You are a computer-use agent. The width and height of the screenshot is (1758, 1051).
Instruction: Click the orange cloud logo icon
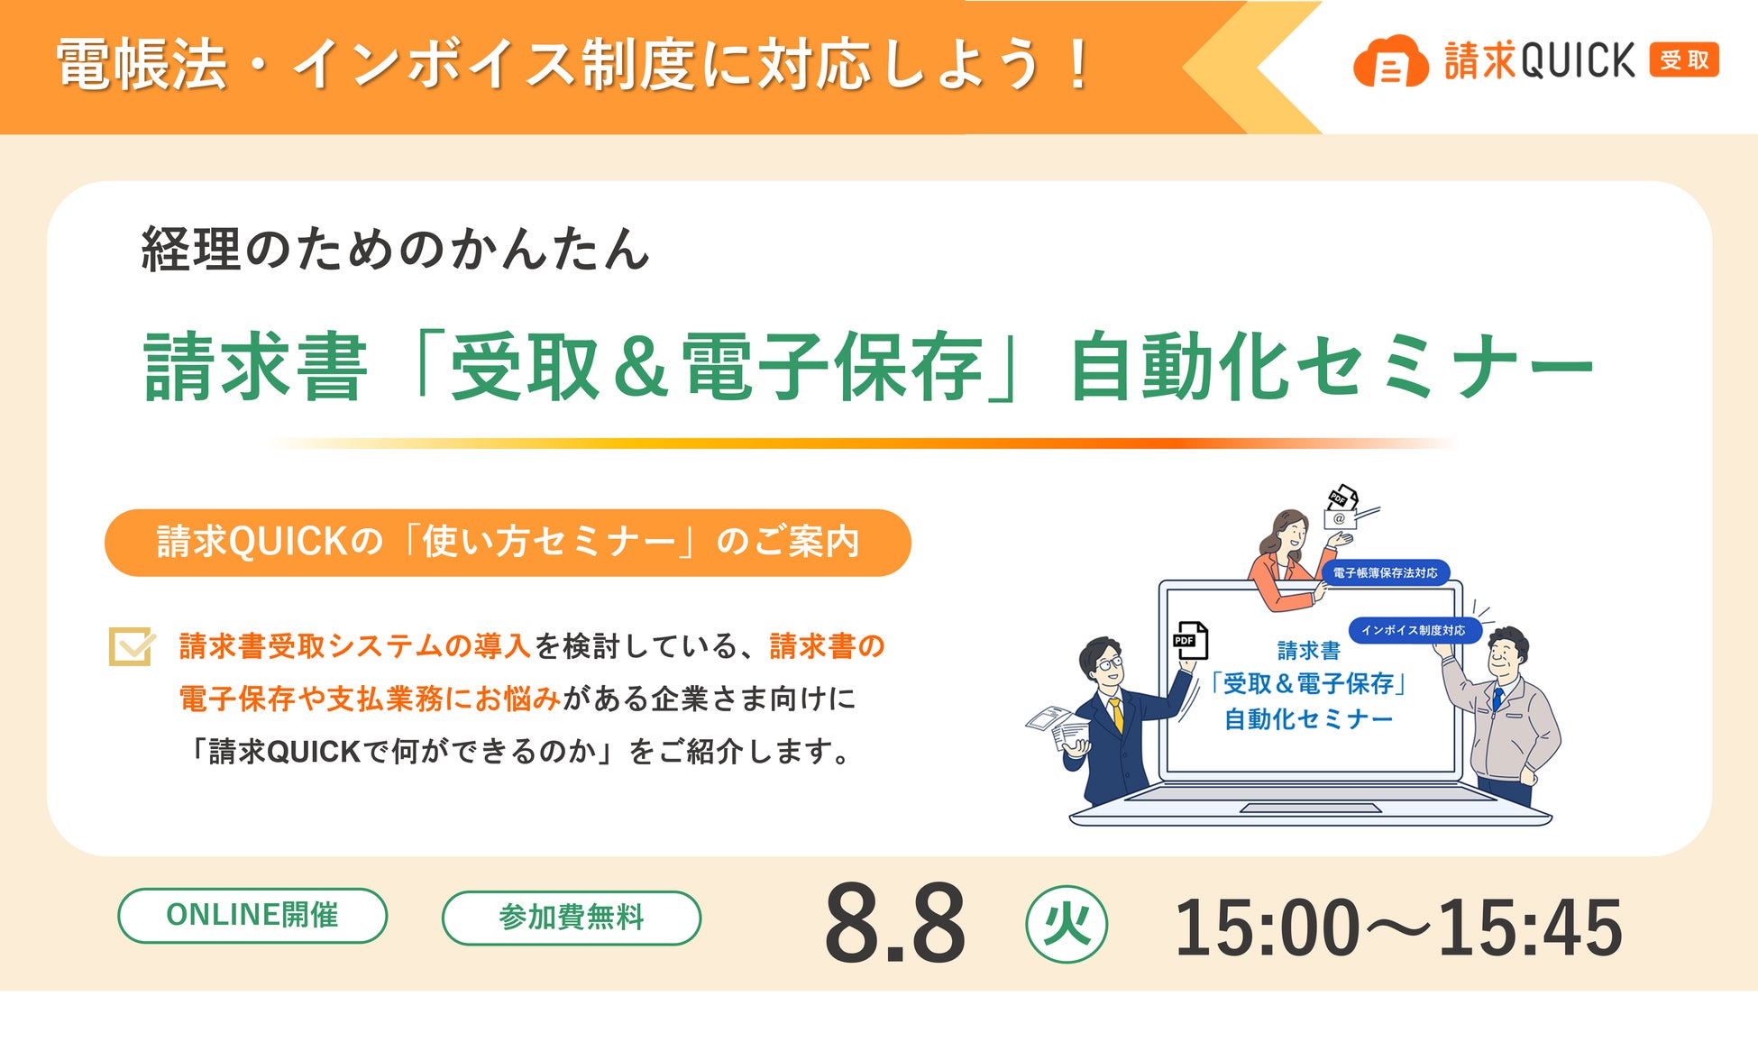(x=1390, y=61)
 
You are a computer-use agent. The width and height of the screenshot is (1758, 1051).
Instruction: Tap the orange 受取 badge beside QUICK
(x=1684, y=60)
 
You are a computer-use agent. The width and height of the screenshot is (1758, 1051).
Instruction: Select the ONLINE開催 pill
(x=252, y=916)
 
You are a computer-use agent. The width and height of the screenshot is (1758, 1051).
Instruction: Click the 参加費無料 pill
(x=572, y=918)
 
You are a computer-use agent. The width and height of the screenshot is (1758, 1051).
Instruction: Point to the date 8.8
(x=895, y=923)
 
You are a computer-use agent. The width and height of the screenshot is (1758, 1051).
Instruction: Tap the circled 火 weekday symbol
(x=1067, y=925)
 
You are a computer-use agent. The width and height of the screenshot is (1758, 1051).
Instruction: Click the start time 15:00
(x=1267, y=928)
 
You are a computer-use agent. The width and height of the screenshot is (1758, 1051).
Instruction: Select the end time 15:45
(x=1530, y=928)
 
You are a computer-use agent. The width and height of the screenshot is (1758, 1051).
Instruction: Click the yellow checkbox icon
(x=132, y=645)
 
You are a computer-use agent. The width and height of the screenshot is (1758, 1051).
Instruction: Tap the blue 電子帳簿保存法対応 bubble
(x=1385, y=572)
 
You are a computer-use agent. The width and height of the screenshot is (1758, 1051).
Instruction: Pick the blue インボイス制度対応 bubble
(x=1414, y=630)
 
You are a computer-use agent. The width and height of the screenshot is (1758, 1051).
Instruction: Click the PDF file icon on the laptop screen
(x=1190, y=640)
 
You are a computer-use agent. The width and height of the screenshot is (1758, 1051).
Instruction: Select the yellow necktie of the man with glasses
(x=1116, y=715)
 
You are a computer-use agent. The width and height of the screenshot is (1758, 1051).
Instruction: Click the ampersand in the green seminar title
(x=641, y=366)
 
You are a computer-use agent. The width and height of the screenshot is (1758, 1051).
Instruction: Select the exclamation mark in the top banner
(x=1077, y=64)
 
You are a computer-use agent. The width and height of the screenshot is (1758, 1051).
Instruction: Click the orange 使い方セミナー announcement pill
(x=508, y=543)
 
